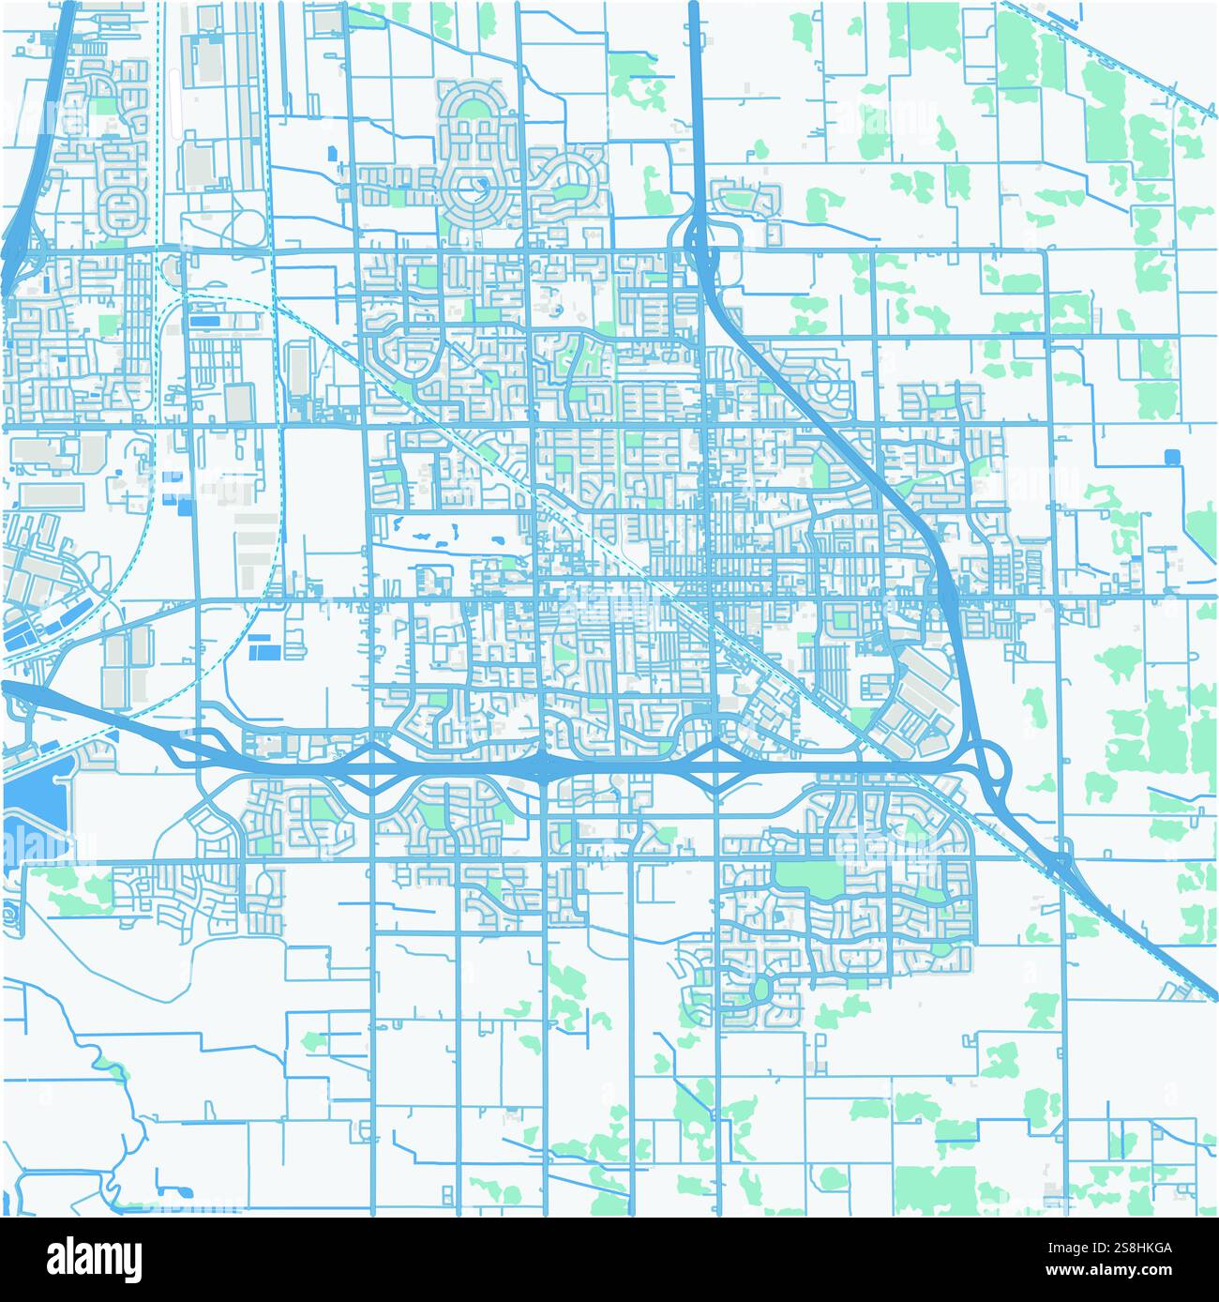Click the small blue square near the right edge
tap(1171, 457)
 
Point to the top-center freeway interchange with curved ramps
tap(700, 238)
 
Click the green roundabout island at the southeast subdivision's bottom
tap(761, 987)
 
